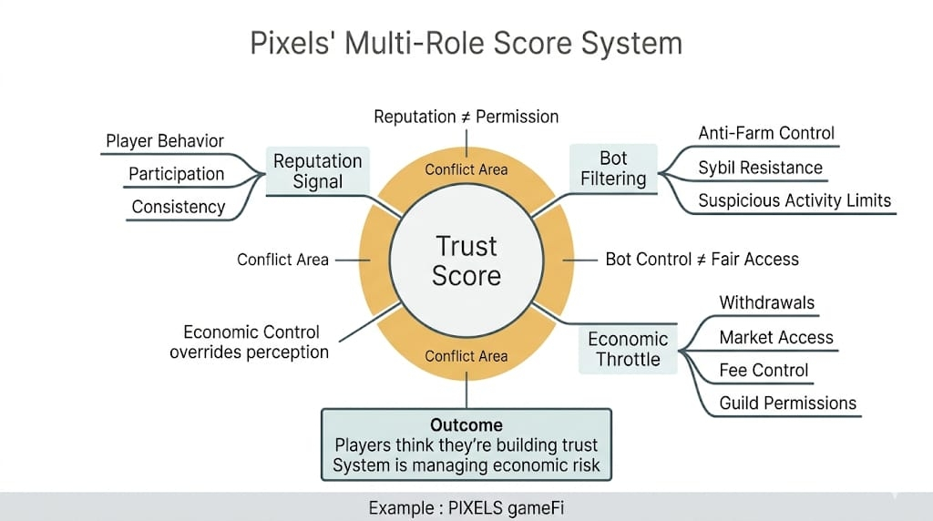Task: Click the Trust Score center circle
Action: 466,260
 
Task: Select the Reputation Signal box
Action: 317,170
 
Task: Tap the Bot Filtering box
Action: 613,169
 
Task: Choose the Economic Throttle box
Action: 628,349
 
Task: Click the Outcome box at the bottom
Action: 466,445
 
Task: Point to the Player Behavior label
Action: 165,141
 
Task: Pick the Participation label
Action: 176,174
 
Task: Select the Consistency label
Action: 179,207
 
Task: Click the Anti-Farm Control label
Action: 766,133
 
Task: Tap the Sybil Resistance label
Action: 760,168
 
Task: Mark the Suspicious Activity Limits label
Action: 795,200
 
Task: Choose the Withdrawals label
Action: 767,303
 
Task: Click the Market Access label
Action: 776,337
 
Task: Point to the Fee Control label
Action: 764,370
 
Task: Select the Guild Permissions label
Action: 788,403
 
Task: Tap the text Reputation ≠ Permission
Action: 466,117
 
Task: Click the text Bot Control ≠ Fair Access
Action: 702,260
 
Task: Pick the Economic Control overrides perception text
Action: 249,342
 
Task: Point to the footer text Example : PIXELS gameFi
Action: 466,507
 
